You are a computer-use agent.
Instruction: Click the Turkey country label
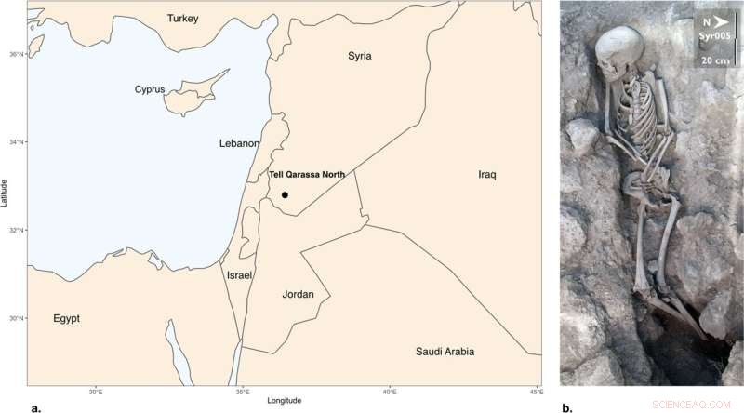(182, 19)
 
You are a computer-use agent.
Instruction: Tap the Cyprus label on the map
(149, 89)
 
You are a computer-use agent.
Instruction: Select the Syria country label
(360, 56)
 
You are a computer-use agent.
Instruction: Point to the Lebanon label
(239, 143)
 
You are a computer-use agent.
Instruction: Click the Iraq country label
(488, 174)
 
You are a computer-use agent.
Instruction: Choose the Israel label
(240, 275)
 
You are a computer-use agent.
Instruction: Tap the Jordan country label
(298, 294)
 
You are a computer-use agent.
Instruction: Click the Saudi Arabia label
(444, 352)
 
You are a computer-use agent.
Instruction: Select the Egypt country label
(66, 318)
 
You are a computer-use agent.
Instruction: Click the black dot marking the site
(285, 194)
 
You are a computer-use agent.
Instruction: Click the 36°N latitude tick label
(16, 54)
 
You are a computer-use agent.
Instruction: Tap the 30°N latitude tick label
(16, 318)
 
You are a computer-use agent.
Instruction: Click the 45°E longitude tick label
(535, 393)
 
